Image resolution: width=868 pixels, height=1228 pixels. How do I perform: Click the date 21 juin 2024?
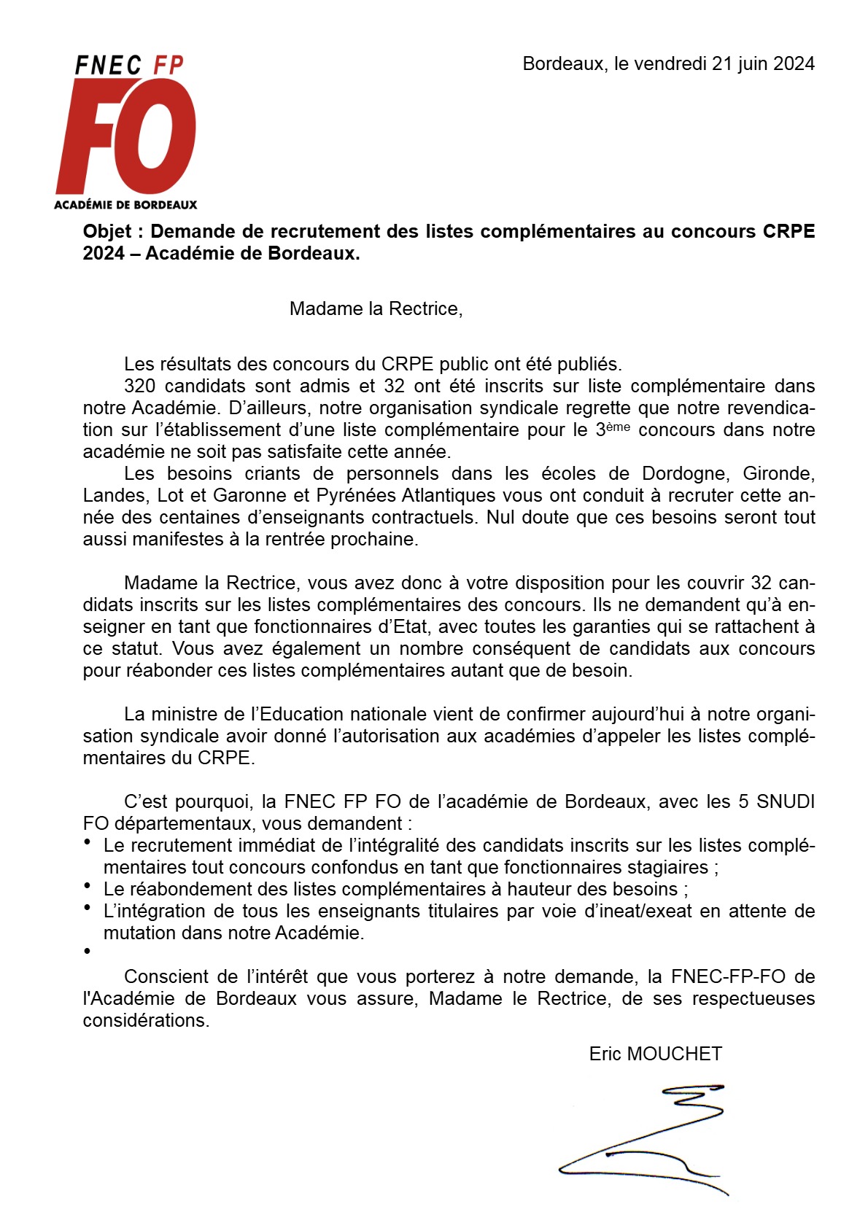(x=763, y=64)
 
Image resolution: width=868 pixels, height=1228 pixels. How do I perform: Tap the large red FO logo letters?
(x=126, y=139)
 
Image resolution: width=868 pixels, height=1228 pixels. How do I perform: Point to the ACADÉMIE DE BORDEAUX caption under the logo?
(x=125, y=205)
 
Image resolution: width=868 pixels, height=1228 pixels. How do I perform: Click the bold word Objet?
(x=107, y=232)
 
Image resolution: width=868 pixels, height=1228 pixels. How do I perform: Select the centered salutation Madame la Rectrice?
(x=376, y=308)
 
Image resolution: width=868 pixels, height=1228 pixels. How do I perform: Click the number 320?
(x=139, y=386)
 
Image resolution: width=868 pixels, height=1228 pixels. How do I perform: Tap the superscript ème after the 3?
(x=618, y=427)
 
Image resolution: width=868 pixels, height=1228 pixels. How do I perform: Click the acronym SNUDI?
(x=786, y=802)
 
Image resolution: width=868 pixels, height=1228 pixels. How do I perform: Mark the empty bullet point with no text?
(x=88, y=952)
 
